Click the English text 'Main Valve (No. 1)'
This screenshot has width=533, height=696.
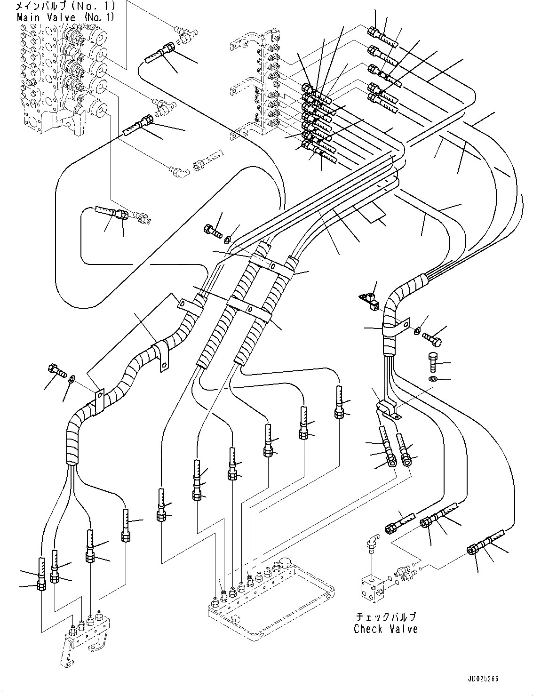tap(65, 17)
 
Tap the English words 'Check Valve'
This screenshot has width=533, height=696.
tap(385, 629)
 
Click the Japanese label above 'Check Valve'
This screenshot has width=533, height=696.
tap(385, 617)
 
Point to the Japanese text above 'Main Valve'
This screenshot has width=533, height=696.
tap(65, 7)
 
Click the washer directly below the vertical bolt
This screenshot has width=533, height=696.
tap(432, 379)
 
